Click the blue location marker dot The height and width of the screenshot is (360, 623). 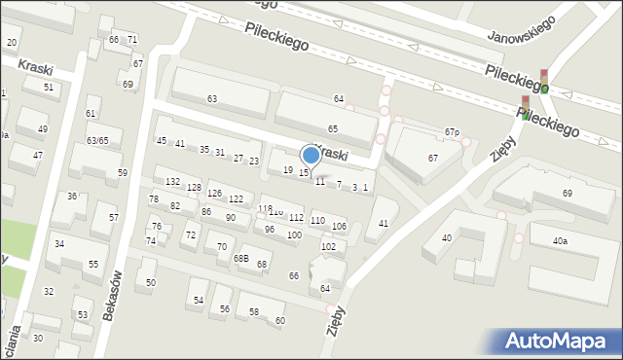coord(311,155)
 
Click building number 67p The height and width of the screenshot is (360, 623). coord(452,132)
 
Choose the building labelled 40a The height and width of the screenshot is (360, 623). coord(559,240)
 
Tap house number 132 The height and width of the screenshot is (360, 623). coord(172,182)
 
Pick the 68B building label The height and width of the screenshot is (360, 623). coord(240,259)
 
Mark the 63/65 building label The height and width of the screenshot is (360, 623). coord(96,141)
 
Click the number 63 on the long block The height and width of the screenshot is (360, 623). coord(212,99)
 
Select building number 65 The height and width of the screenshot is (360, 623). coord(333,128)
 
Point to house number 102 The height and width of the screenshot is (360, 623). coord(328,246)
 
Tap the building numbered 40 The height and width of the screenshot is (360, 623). coord(447,237)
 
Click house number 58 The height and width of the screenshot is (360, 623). coord(254,311)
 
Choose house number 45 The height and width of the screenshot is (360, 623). coord(162,141)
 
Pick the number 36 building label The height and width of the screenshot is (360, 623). coord(72,197)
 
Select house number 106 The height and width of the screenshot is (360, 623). coord(339,227)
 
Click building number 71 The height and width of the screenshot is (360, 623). coord(132,39)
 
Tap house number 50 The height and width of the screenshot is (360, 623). coord(151,283)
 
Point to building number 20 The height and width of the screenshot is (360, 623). coord(12,42)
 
